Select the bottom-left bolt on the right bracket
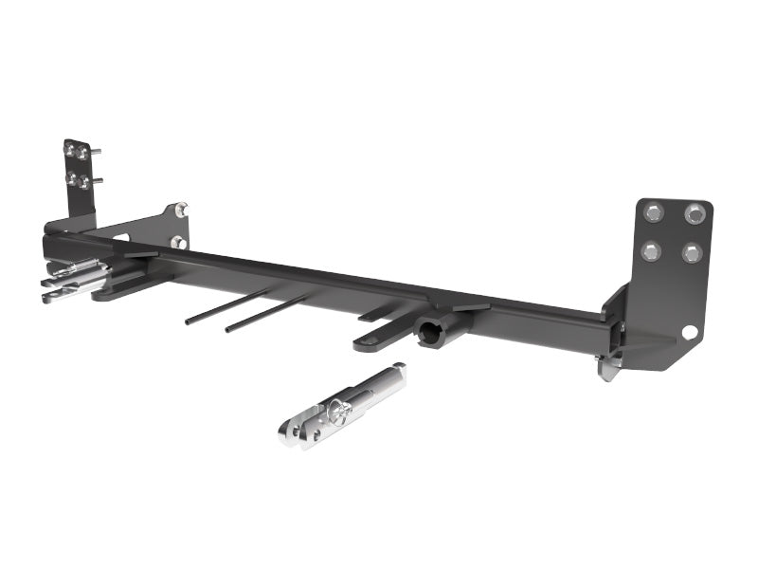pyautogui.click(x=650, y=251)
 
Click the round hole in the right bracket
pyautogui.click(x=689, y=331)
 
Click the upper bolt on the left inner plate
pyautogui.click(x=180, y=210)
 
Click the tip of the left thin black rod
pyautogui.click(x=188, y=322)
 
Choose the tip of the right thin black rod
pyautogui.click(x=228, y=331)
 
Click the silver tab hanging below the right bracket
pyautogui.click(x=606, y=367)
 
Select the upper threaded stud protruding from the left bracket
pyautogui.click(x=99, y=155)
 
